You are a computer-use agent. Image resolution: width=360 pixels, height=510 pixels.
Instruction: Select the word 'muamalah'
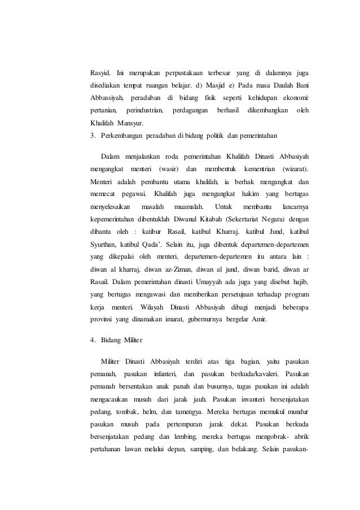tap(186, 206)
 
